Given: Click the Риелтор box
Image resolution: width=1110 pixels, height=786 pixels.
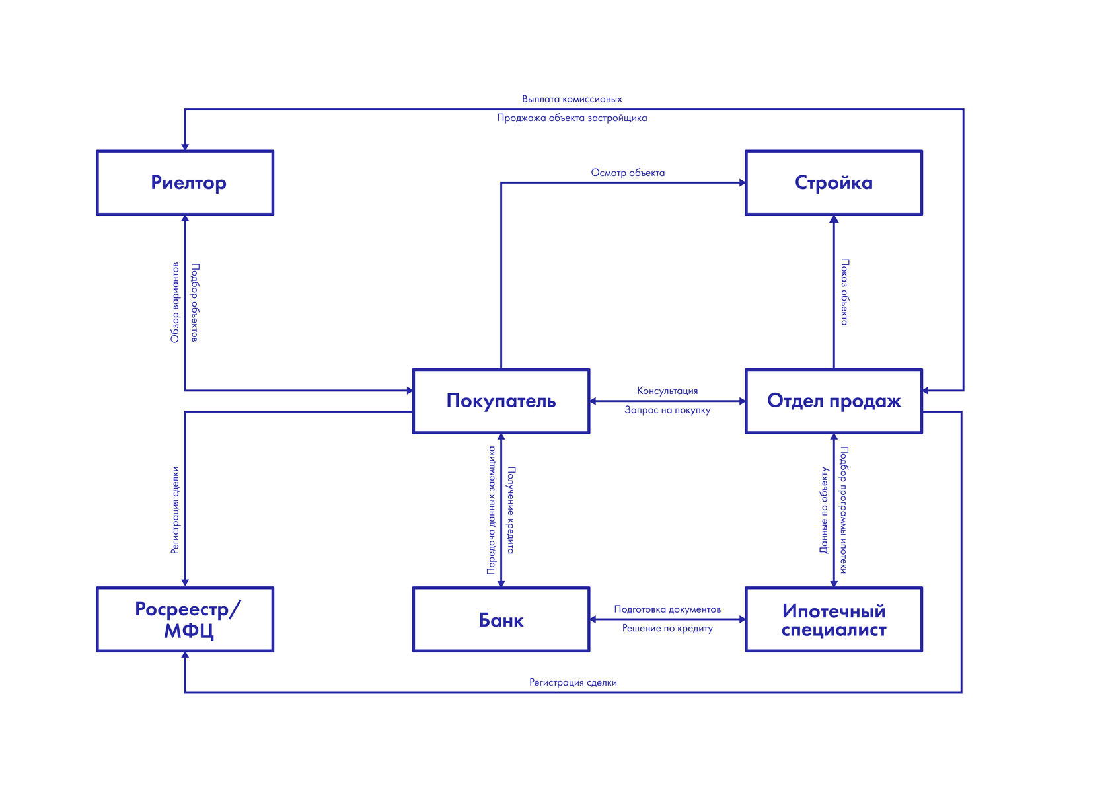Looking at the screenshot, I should pyautogui.click(x=185, y=182).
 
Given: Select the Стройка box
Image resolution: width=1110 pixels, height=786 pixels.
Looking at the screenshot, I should pyautogui.click(x=834, y=182).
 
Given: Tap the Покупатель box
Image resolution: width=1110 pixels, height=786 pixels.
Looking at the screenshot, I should pyautogui.click(x=501, y=401).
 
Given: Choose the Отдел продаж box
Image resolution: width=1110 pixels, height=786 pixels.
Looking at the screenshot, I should pyautogui.click(x=834, y=401).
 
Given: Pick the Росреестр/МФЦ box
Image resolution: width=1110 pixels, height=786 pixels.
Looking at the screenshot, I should pyautogui.click(x=185, y=619).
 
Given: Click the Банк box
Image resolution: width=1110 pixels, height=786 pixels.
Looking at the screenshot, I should pyautogui.click(x=501, y=619).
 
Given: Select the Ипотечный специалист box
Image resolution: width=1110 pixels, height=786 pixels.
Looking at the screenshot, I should pyautogui.click(x=834, y=619).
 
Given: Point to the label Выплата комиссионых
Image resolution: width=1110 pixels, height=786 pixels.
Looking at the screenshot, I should pyautogui.click(x=572, y=99).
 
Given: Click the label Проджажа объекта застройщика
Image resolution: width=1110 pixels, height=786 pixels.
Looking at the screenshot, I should pyautogui.click(x=572, y=118).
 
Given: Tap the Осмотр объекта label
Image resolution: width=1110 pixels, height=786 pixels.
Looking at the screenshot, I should pyautogui.click(x=628, y=173).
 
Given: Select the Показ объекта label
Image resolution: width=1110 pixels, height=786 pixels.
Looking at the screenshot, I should pyautogui.click(x=844, y=292).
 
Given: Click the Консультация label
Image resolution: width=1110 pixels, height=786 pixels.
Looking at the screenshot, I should pyautogui.click(x=667, y=391).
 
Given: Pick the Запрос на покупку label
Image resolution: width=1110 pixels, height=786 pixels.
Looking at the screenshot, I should pyautogui.click(x=667, y=410).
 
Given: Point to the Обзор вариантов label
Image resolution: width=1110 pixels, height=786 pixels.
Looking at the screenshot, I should pyautogui.click(x=175, y=303).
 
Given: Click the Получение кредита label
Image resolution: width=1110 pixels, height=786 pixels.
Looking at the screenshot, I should pyautogui.click(x=511, y=510).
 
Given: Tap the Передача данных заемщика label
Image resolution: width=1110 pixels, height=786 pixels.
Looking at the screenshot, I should pyautogui.click(x=491, y=510).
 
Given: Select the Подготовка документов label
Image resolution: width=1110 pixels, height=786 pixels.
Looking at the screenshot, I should pyautogui.click(x=667, y=609).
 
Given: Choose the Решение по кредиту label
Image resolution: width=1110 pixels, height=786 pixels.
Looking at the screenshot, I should pyautogui.click(x=667, y=628).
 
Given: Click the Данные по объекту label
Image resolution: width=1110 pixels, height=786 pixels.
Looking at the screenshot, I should pyautogui.click(x=824, y=510).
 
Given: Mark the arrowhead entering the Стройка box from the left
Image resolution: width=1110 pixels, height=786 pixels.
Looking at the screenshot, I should pyautogui.click(x=742, y=182).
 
